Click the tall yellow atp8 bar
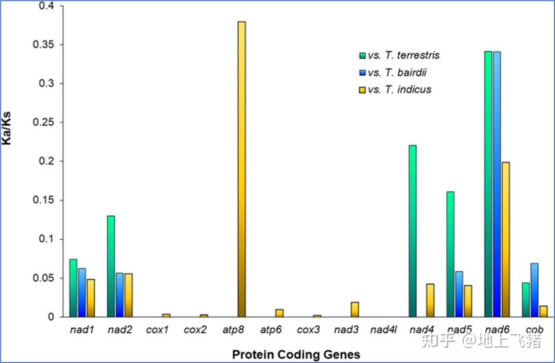[x=242, y=169]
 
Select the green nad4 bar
[x=412, y=231]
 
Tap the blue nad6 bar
[x=497, y=184]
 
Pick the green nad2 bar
[x=111, y=266]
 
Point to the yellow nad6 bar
[x=506, y=240]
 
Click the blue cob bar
[x=534, y=290]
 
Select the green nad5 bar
[x=450, y=254]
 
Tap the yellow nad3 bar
[x=355, y=309]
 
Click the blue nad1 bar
[x=82, y=293]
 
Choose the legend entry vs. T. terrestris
[x=399, y=55]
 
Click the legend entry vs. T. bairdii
[x=393, y=72]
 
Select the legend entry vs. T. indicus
[x=395, y=90]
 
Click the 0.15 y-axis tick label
[x=43, y=200]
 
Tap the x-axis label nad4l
[x=384, y=330]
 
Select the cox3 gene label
[x=308, y=330]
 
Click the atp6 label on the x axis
[x=271, y=330]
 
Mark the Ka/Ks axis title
[x=6, y=128]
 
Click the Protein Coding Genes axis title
[x=296, y=354]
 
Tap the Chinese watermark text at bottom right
[x=481, y=340]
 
